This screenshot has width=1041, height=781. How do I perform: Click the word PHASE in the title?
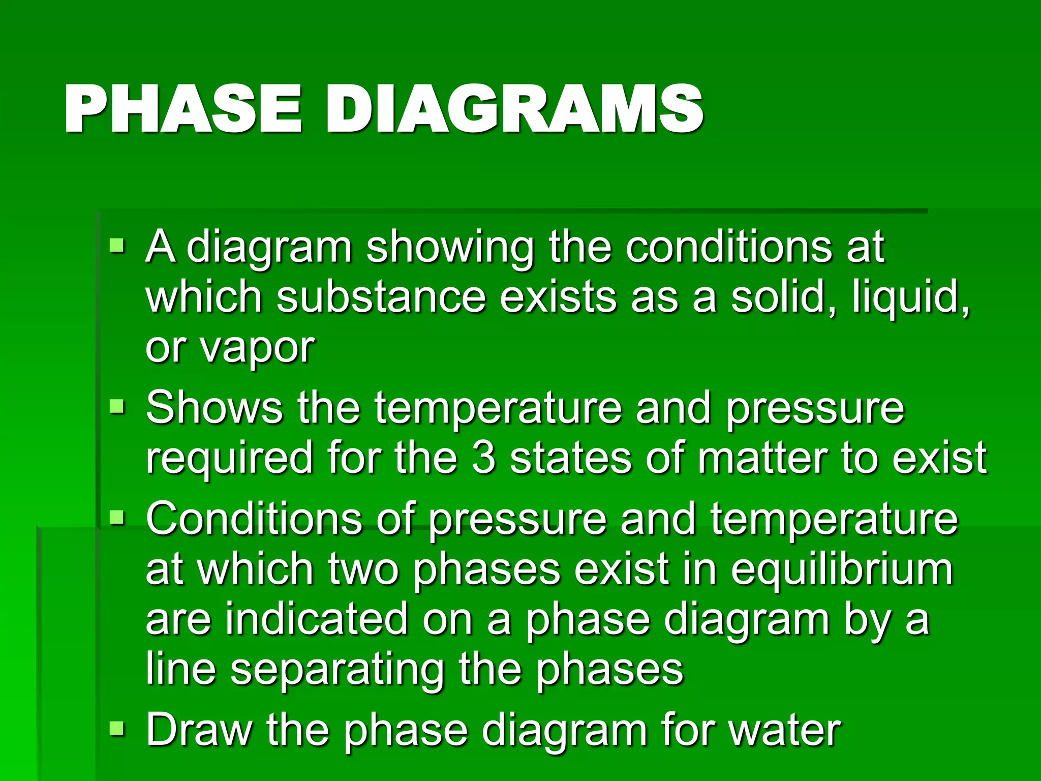pyautogui.click(x=183, y=109)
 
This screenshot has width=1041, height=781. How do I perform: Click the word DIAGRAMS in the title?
pyautogui.click(x=514, y=109)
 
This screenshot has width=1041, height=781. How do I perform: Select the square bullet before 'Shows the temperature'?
pyautogui.click(x=117, y=407)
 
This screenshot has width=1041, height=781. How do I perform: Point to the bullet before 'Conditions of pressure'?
pyautogui.click(x=117, y=518)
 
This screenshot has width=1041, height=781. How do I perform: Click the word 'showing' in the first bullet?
pyautogui.click(x=450, y=248)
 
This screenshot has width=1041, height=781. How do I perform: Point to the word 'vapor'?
pyautogui.click(x=257, y=350)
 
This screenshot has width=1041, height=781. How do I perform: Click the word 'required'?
pyautogui.click(x=229, y=459)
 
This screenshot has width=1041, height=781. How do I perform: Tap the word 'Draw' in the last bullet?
pyautogui.click(x=199, y=730)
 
